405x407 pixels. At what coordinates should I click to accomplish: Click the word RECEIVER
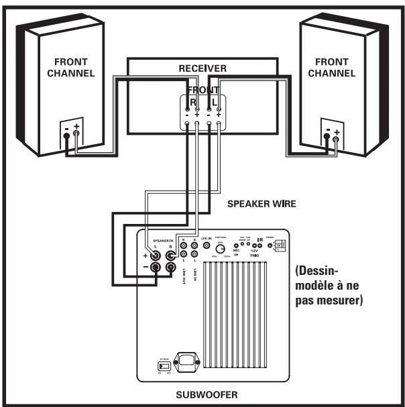202,68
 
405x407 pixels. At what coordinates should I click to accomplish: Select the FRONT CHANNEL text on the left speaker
70,68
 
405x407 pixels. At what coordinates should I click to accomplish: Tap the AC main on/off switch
162,365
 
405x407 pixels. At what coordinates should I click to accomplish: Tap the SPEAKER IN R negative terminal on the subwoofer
172,269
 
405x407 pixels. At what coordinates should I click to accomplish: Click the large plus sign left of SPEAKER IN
143,255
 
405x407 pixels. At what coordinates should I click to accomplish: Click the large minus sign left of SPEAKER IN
143,270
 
